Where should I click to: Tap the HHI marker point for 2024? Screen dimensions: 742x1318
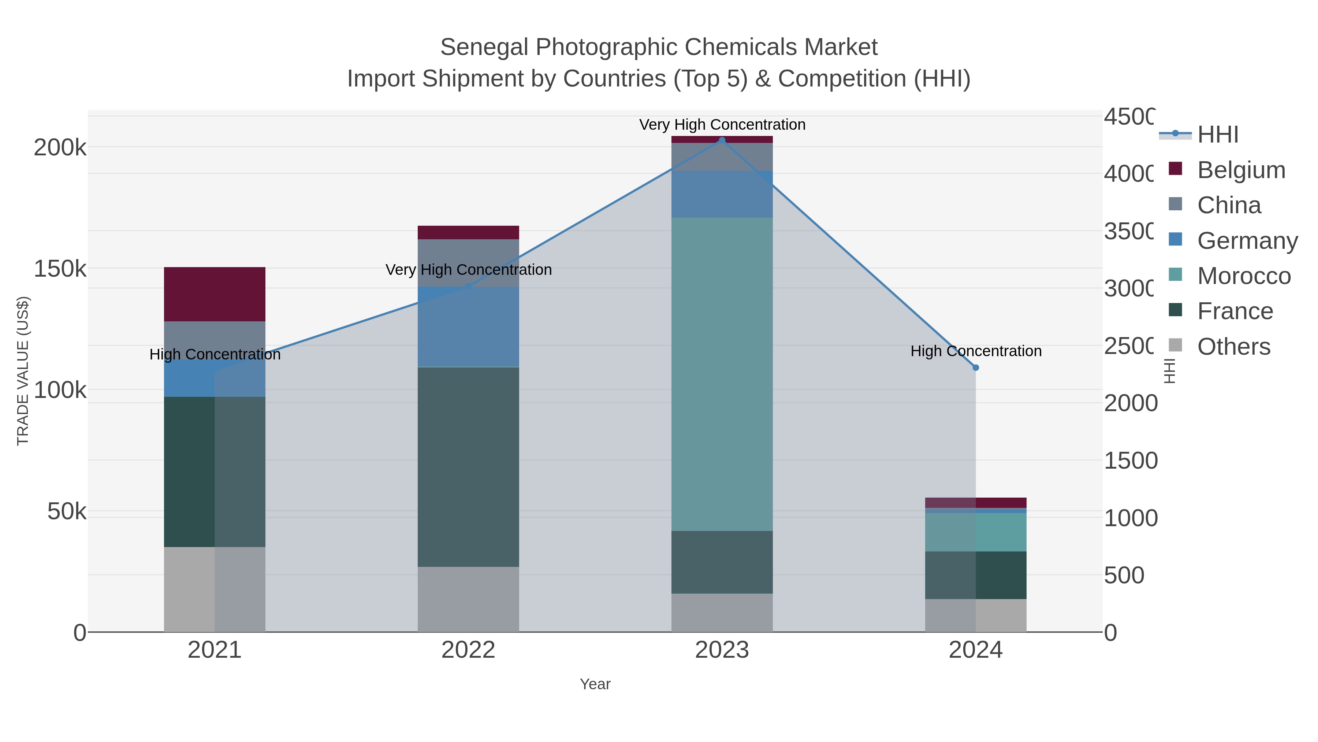[976, 368]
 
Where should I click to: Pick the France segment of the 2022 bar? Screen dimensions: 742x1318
[468, 466]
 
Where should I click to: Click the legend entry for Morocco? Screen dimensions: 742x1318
[1243, 276]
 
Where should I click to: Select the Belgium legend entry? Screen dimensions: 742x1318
[1241, 170]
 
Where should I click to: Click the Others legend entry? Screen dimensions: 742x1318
[1233, 347]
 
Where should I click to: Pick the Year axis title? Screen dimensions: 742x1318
[595, 684]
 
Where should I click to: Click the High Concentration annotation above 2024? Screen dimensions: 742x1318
[976, 351]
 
